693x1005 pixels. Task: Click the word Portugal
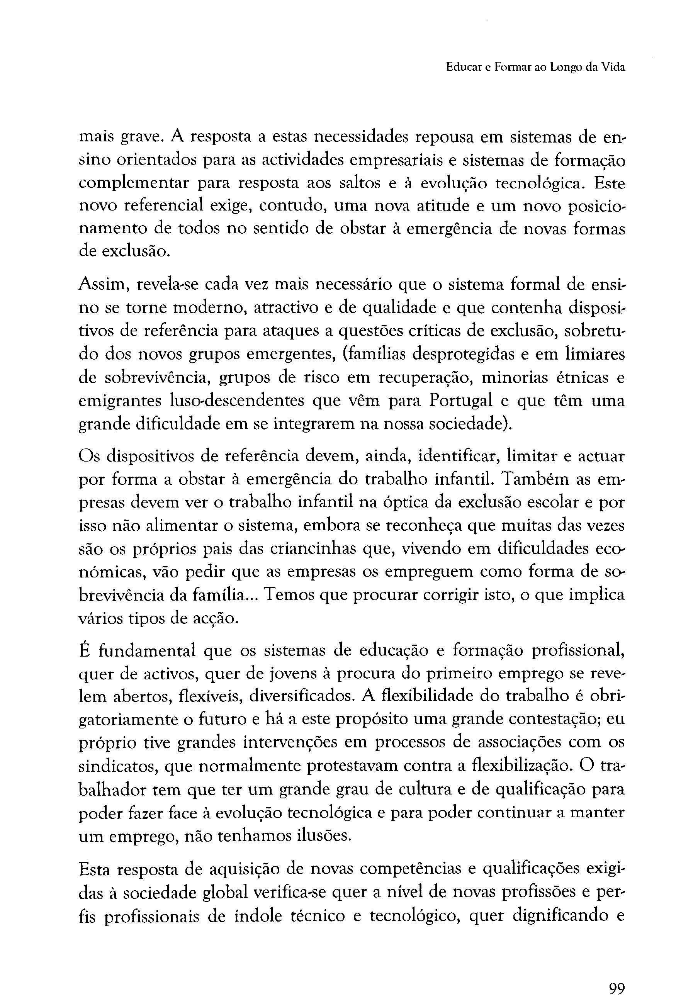pyautogui.click(x=461, y=400)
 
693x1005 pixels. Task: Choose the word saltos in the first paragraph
pyautogui.click(x=360, y=183)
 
